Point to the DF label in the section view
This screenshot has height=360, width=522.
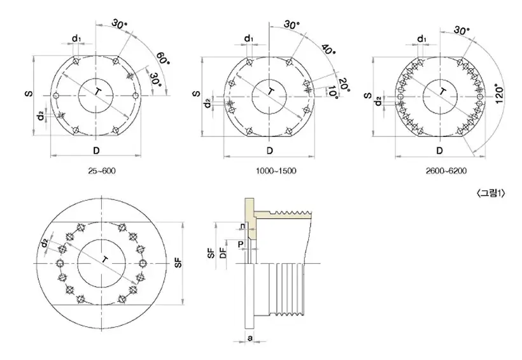pyautogui.click(x=222, y=254)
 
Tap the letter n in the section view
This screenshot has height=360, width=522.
pyautogui.click(x=242, y=226)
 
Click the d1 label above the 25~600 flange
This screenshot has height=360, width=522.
pyautogui.click(x=76, y=39)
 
